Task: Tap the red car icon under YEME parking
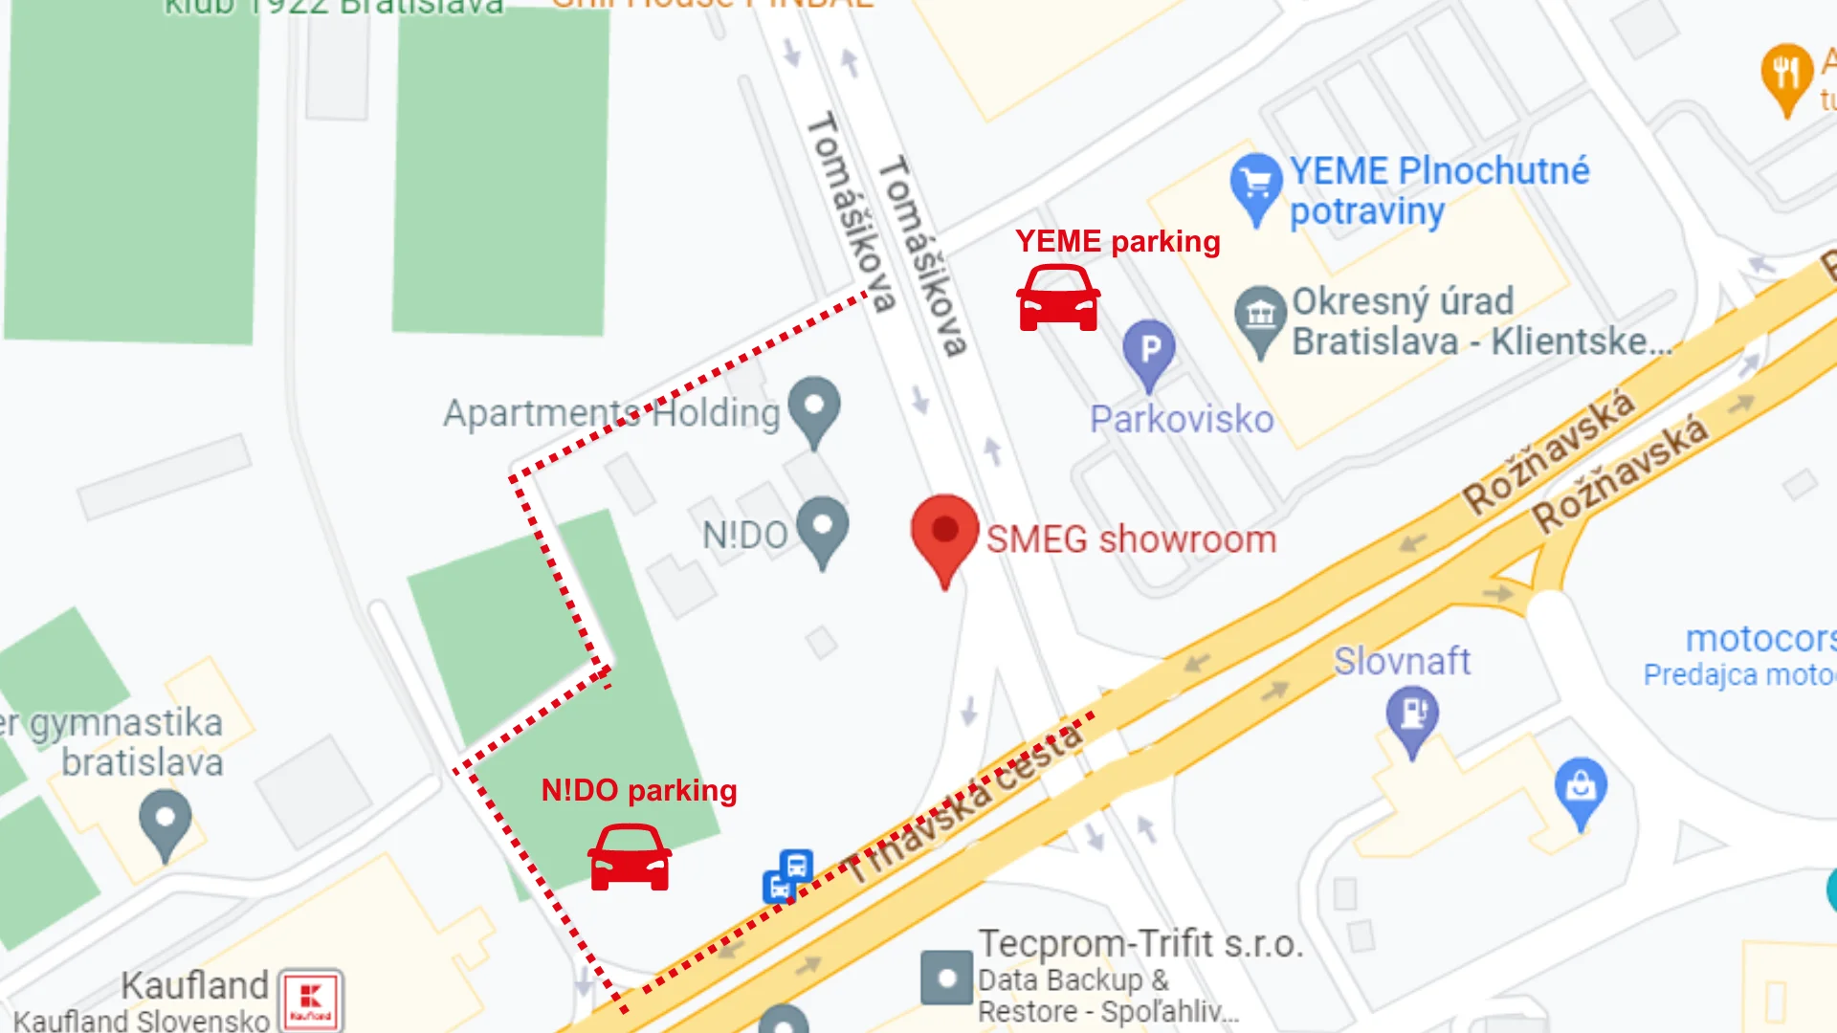pyautogui.click(x=1057, y=298)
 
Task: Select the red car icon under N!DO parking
pyautogui.click(x=629, y=858)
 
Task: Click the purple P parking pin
pyautogui.click(x=1149, y=352)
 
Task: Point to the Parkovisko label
pyautogui.click(x=1182, y=420)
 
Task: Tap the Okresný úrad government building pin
pyautogui.click(x=1260, y=317)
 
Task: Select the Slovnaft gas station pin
pyautogui.click(x=1411, y=718)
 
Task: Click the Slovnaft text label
pyautogui.click(x=1402, y=661)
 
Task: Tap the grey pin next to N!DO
pyautogui.click(x=823, y=527)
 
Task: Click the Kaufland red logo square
pyautogui.click(x=310, y=1000)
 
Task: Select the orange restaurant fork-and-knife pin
pyautogui.click(x=1786, y=75)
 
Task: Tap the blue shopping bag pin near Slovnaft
pyautogui.click(x=1581, y=789)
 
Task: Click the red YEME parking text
pyautogui.click(x=1118, y=241)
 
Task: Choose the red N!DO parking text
pyautogui.click(x=639, y=790)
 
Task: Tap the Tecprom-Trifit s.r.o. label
pyautogui.click(x=1140, y=944)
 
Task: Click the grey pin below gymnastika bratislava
pyautogui.click(x=166, y=822)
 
